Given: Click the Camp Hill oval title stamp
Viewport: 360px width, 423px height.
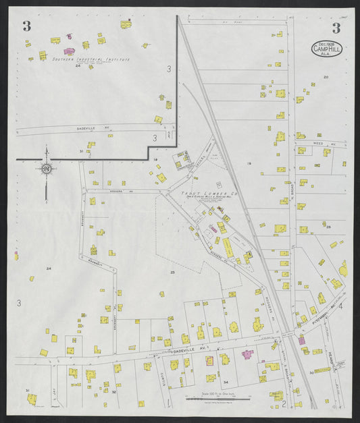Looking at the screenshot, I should [x=328, y=48].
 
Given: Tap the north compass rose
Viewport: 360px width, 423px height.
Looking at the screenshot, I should [x=47, y=168].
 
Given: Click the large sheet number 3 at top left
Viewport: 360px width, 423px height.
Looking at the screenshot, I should [x=26, y=26].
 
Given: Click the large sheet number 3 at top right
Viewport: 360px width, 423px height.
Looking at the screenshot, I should [x=336, y=27].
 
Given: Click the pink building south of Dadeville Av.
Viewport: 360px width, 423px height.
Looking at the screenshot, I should [x=247, y=354].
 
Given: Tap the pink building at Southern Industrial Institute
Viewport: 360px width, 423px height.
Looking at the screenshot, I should [x=69, y=51].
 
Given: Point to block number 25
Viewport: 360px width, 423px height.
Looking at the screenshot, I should [x=172, y=272].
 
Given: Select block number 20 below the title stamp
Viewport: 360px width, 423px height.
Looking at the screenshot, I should [x=326, y=78].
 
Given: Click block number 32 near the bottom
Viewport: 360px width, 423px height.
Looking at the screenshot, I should [x=113, y=391].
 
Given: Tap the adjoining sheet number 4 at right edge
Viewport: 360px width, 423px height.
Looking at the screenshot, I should [x=341, y=306].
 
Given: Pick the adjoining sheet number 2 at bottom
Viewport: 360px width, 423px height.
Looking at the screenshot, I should [x=284, y=404].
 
